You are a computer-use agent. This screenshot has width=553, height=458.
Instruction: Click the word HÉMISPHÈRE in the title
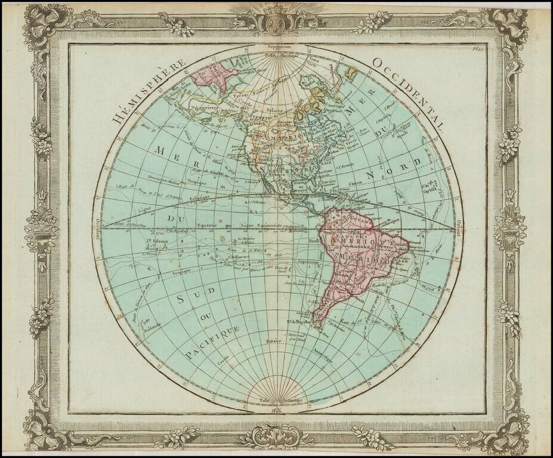pyautogui.click(x=147, y=89)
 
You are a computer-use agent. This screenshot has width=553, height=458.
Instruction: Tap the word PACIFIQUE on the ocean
pyautogui.click(x=212, y=343)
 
